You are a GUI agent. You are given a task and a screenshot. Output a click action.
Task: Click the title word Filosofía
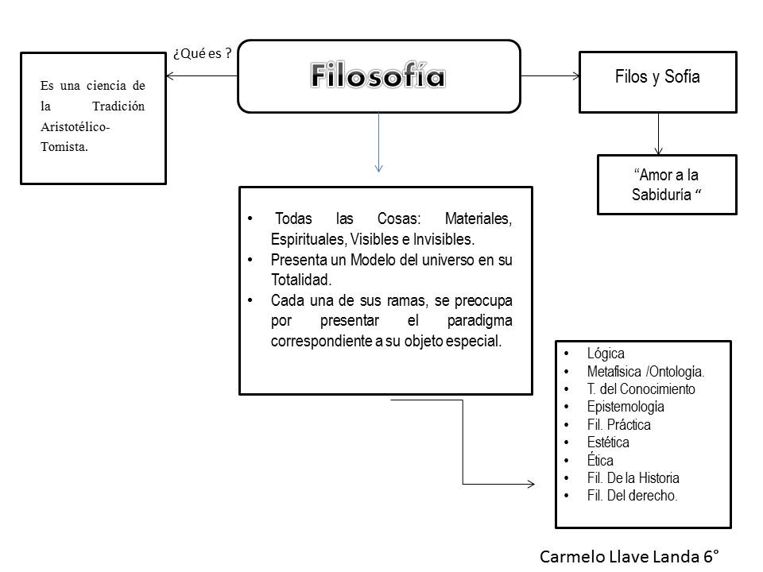pos(378,76)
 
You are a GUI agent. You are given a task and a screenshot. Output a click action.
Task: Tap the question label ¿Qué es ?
pos(203,54)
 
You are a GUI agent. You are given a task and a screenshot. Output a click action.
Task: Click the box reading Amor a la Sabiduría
pos(666,185)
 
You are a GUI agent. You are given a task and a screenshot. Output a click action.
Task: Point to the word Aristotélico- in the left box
pos(76,126)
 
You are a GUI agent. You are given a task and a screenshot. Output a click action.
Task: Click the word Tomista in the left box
pos(64,146)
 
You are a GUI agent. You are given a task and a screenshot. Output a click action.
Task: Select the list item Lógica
pos(606,354)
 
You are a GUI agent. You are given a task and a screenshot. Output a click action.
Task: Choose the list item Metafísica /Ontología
pos(645,371)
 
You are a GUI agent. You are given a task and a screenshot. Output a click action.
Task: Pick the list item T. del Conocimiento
pos(641,389)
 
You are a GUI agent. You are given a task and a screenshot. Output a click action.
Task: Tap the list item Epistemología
pos(626,407)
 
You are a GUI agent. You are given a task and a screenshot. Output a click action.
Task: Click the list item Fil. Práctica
pos(618,424)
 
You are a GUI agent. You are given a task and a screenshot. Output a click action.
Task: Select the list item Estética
pos(608,443)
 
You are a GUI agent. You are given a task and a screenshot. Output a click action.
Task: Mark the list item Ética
pos(600,460)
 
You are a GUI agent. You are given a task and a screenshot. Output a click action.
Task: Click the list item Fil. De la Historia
pos(633,478)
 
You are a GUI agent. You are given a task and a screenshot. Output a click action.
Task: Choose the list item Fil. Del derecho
pos(632,496)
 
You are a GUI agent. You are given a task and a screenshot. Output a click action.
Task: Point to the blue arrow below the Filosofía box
pos(379,143)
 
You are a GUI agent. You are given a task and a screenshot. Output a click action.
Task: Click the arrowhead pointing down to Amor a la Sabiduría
pos(658,150)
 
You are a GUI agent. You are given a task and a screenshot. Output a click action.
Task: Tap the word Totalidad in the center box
pos(301,280)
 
